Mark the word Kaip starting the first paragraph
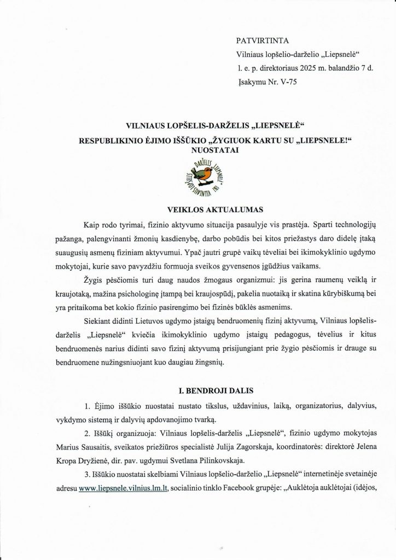point(92,225)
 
